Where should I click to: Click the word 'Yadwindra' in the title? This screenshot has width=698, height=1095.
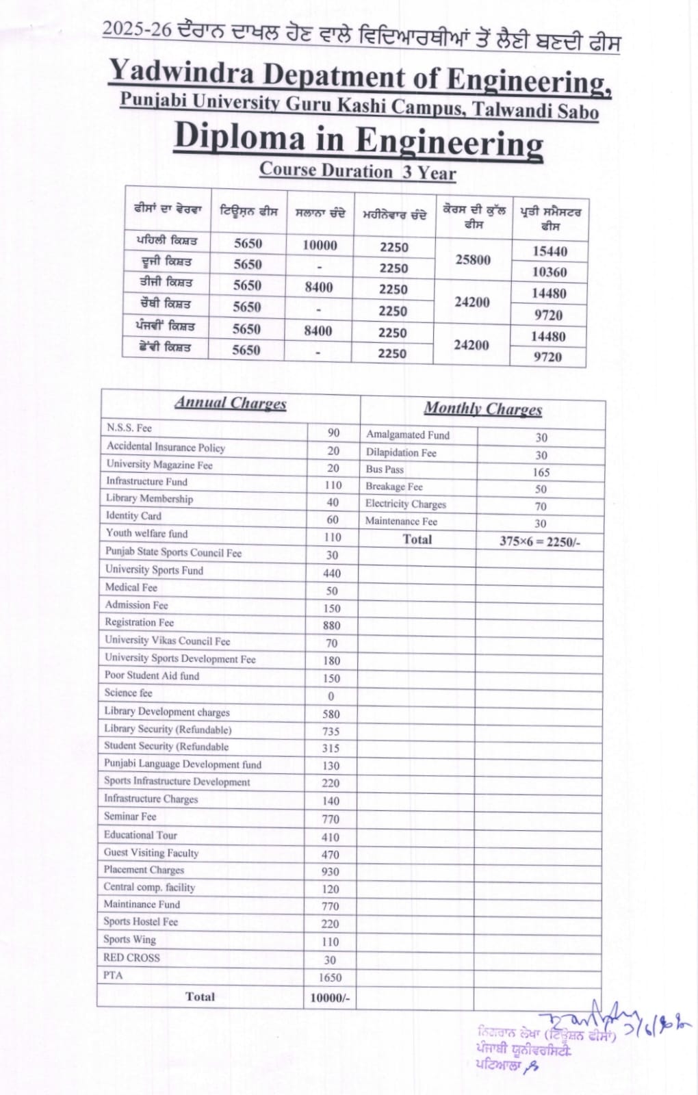[181, 73]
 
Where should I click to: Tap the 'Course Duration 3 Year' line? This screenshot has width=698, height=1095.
[357, 171]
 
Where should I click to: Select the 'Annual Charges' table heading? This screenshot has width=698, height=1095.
[230, 402]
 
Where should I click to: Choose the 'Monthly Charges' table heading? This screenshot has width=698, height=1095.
[482, 409]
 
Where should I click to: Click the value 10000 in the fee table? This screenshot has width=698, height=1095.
[320, 245]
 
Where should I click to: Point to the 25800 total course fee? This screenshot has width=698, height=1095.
[473, 259]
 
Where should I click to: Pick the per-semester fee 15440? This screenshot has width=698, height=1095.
[550, 251]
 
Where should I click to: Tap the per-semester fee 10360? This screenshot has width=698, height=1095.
[550, 272]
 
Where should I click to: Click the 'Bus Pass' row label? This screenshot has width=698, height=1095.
[385, 469]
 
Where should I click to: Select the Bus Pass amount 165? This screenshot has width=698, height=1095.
[541, 472]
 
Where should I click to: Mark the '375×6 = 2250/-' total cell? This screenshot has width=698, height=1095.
[540, 541]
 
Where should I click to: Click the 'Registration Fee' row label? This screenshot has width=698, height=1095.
[140, 622]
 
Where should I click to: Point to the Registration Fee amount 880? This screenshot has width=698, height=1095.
[331, 626]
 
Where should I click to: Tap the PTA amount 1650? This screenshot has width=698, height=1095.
[330, 977]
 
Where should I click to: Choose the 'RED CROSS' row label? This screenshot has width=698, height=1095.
[131, 957]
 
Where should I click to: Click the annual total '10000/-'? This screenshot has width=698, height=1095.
[330, 998]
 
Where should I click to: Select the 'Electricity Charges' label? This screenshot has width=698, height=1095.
[405, 504]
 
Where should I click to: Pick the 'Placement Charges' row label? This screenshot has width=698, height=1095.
[144, 870]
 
